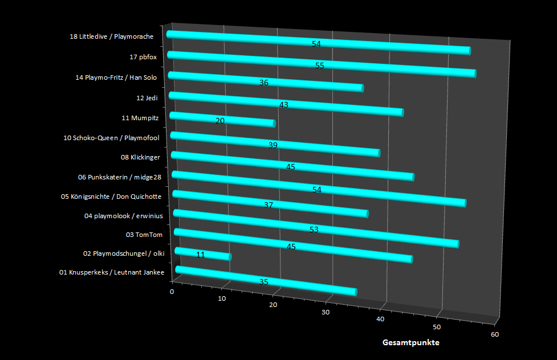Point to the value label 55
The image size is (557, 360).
click(x=320, y=66)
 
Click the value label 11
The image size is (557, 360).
click(x=201, y=255)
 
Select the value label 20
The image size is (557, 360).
click(x=220, y=121)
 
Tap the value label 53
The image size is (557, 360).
click(x=314, y=230)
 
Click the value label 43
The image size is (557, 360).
click(x=284, y=105)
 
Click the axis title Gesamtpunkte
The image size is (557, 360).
click(x=411, y=343)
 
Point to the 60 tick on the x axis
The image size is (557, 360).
click(x=494, y=335)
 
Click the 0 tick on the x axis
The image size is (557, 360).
click(x=172, y=292)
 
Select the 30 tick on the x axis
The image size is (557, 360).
click(x=326, y=312)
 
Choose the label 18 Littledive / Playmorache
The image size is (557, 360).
click(x=112, y=37)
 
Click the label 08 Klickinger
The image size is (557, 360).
click(x=140, y=157)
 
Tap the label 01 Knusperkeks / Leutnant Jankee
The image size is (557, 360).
click(x=112, y=273)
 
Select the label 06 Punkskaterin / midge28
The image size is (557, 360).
click(x=120, y=177)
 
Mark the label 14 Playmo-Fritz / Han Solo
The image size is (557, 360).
click(x=116, y=77)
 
